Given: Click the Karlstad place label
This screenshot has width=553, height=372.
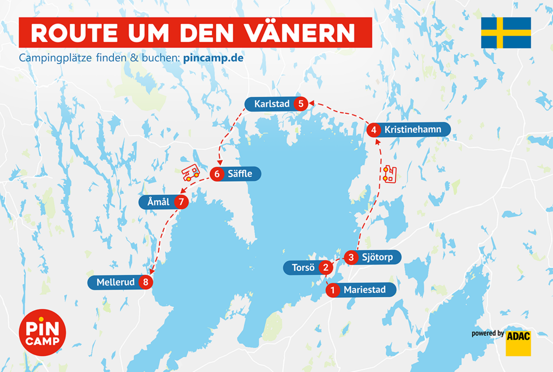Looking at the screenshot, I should coord(272,104).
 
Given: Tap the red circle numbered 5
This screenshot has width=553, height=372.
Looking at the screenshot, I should coord(301,104).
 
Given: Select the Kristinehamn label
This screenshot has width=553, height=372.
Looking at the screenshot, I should coord(413,130).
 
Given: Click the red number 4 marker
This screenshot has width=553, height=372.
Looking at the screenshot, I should coord(374,130).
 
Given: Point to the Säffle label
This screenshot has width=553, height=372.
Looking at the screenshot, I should coord(240,174).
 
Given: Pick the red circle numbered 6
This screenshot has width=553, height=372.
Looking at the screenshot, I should coord(217,174).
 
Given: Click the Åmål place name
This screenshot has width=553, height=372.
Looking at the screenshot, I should coord(158,202).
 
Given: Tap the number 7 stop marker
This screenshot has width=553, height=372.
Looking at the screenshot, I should coord(181,202).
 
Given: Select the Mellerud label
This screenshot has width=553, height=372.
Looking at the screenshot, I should coord(115,282).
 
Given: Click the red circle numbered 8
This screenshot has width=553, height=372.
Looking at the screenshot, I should coord(146,282).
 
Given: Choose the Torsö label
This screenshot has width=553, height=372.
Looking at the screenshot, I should coord(303,268).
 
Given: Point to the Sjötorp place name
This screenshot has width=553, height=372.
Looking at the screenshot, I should coord(377,257).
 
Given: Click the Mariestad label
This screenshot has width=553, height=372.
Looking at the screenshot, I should coord(364,290).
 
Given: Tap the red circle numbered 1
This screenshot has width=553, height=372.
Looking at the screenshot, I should coord(332,290).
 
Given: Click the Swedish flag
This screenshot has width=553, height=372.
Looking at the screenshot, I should coord(506,33).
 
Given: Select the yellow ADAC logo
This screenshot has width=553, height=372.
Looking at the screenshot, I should coord(518,343).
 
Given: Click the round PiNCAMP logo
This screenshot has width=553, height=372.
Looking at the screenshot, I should coord(42,332).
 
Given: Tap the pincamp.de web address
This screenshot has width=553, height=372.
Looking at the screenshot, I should coord(213,58).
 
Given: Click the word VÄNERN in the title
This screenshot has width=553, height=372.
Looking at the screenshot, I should coord(300,33).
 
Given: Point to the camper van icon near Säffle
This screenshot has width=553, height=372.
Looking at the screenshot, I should coord(190,172).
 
